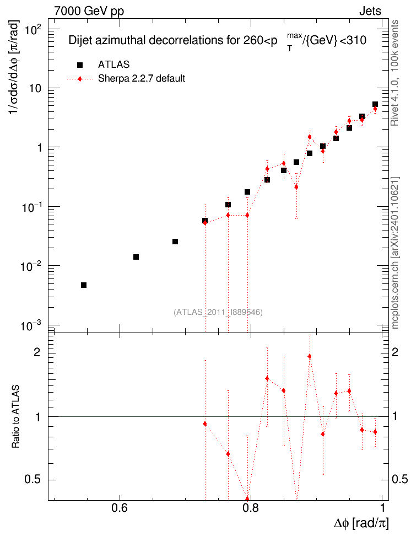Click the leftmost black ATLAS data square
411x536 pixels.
pos(84,285)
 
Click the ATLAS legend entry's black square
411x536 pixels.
pos(80,65)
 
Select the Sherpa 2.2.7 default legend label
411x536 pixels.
pos(142,79)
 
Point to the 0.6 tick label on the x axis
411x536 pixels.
pos(120,508)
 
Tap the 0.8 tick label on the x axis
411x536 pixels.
pos(251,508)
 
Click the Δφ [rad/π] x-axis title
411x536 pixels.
pos(361,523)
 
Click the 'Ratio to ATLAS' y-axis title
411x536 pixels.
pos(15,417)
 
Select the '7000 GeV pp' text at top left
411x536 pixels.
pos(89,11)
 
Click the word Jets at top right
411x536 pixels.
pos(370,11)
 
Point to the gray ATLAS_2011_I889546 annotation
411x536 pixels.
pos(218,312)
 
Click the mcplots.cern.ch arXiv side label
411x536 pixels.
pos(395,253)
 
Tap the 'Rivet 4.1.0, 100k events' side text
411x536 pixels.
pos(394,73)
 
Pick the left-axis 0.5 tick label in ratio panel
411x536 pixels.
pos(33,479)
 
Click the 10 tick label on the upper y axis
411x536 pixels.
pos(35,88)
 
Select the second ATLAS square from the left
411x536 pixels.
pos(136,257)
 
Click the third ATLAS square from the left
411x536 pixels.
pos(175,242)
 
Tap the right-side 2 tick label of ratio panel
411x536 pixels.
pos(395,352)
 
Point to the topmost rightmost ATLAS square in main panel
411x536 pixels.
pos(375,104)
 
